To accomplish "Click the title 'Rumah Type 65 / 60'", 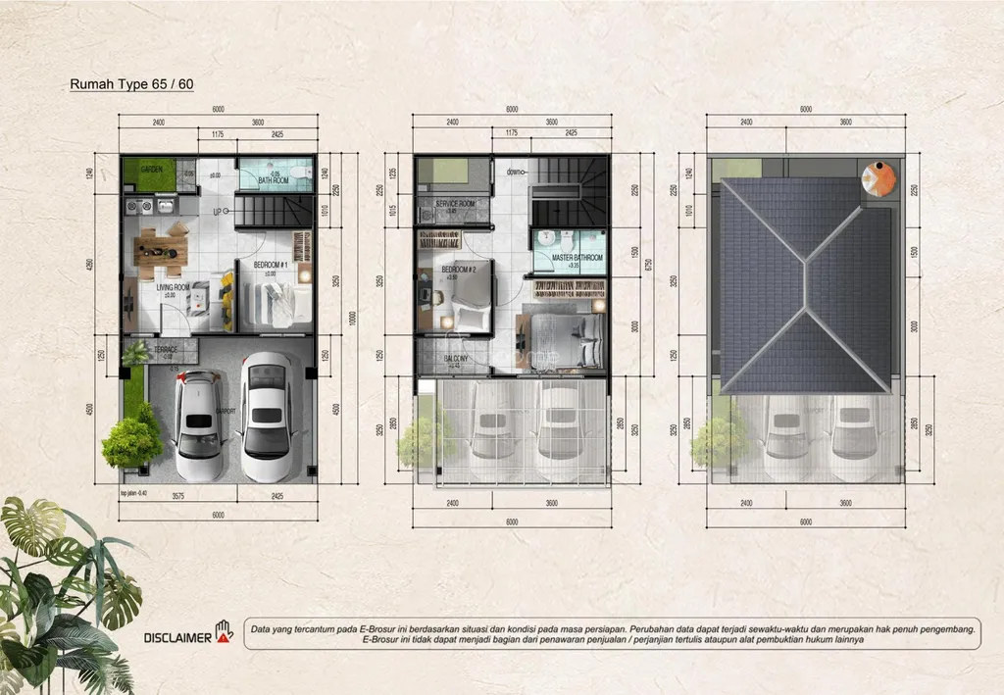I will [x=131, y=84].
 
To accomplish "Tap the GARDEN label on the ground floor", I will [x=150, y=171].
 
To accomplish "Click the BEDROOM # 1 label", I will [x=271, y=266].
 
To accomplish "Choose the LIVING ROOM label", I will [x=156, y=286].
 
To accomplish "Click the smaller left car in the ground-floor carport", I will [x=199, y=424].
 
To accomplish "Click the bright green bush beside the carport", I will [x=131, y=439].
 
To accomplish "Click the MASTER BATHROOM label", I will [x=577, y=258].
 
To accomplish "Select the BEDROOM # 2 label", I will [x=458, y=270].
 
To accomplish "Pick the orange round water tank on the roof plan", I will [x=878, y=179].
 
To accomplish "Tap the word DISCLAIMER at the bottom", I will [x=177, y=637].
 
